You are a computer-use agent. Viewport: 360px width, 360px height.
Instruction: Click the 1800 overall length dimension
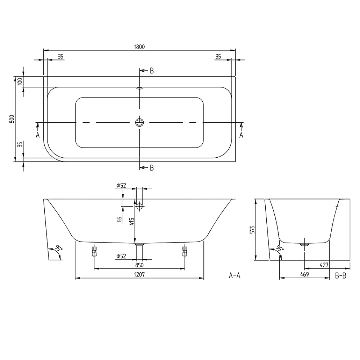tap(140, 47)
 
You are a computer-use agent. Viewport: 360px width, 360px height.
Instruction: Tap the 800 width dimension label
tap(12, 119)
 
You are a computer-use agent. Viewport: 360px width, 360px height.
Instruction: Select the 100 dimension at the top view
tap(20, 81)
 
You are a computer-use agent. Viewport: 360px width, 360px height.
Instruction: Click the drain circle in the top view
tap(139, 122)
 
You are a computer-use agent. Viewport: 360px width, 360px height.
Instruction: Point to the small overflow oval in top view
tap(139, 88)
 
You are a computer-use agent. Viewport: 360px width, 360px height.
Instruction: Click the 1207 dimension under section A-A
tap(140, 275)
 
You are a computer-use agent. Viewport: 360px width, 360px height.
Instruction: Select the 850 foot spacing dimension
tap(139, 265)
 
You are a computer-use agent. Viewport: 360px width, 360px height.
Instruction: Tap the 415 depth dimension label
tap(131, 222)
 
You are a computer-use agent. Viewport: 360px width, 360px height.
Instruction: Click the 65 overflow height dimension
tap(120, 219)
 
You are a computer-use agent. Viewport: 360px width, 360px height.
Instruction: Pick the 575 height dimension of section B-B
tap(252, 230)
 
